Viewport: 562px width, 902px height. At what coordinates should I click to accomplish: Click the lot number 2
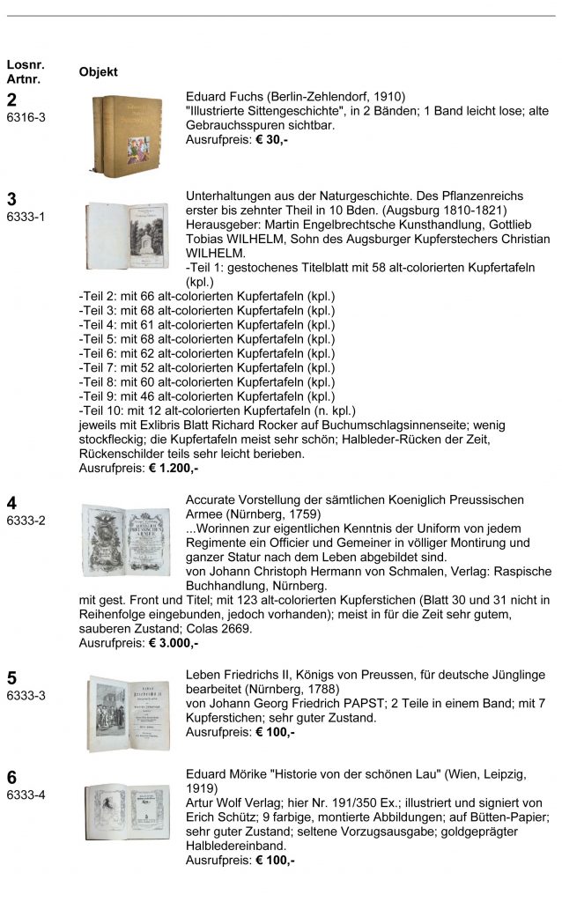[11, 100]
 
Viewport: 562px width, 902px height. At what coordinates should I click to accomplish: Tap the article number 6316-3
[26, 116]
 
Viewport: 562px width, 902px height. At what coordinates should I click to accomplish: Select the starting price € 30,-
[267, 139]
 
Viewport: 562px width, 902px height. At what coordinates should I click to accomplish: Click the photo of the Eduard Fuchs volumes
[129, 135]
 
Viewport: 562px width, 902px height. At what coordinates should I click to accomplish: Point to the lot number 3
[11, 198]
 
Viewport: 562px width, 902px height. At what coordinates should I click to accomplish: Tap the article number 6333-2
[26, 520]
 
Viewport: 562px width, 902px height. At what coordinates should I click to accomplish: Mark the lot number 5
[11, 678]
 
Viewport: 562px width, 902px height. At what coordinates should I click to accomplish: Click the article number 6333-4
[26, 795]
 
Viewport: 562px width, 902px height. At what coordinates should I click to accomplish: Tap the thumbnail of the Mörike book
[128, 811]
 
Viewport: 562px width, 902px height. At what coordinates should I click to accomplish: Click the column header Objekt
[98, 71]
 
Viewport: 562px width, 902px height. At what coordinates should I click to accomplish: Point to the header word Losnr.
[25, 64]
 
